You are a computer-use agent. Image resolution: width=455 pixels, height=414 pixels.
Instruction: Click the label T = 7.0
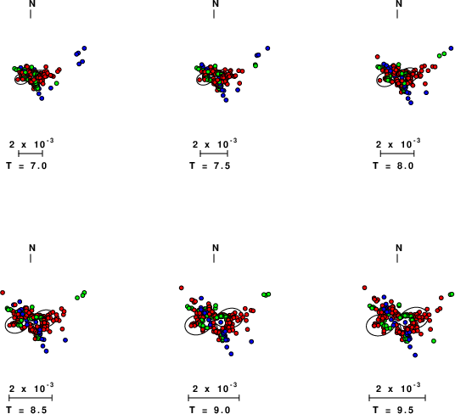26,165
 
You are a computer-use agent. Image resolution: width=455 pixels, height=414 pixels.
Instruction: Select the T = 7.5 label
210,165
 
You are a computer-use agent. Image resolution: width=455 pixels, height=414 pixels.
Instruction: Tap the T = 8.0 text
393,165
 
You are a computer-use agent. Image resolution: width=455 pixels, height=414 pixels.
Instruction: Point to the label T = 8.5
26,411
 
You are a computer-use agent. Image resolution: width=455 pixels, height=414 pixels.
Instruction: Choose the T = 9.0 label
210,411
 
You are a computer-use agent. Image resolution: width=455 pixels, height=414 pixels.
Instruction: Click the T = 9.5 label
393,411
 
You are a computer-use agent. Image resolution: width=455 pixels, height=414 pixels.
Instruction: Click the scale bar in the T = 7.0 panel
31,154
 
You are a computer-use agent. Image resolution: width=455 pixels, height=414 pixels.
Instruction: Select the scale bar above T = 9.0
214,398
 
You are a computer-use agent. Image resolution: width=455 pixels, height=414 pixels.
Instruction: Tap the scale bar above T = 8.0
397,154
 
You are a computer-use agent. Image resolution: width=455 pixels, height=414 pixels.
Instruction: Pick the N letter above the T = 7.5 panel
216,3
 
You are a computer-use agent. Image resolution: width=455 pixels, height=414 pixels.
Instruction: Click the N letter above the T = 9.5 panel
399,249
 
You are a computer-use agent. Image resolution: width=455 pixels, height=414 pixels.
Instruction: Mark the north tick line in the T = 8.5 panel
31,259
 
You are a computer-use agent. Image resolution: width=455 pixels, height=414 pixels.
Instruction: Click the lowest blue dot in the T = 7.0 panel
42,98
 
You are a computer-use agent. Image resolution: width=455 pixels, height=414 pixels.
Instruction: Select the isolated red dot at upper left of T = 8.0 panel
377,57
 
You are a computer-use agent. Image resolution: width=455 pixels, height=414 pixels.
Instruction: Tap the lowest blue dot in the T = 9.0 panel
231,354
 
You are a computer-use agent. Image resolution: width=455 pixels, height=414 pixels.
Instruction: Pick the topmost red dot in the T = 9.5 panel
364,288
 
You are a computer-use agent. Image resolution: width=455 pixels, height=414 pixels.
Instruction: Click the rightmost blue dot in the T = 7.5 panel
267,48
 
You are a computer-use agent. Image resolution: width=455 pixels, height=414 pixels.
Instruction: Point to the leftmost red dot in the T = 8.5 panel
3,293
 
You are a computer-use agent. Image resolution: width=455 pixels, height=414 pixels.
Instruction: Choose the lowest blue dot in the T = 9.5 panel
415,355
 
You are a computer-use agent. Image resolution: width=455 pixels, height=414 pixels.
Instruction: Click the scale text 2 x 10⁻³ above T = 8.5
31,389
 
